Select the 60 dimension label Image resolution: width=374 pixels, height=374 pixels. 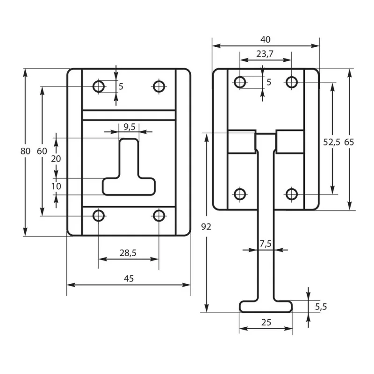pos(42,151)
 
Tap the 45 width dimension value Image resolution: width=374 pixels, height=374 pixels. pos(129,278)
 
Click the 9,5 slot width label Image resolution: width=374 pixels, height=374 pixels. pos(129,127)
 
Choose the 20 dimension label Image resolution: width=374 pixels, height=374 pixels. pos(56,158)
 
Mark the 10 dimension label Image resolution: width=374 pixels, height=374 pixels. pos(56,186)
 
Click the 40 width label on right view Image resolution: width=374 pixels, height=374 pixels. pos(266,40)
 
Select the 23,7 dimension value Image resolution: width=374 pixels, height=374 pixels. pos(265,54)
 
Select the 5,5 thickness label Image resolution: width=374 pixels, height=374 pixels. pos(320,307)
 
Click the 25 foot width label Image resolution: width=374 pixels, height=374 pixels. pos(266,322)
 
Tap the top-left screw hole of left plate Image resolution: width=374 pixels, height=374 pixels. pos(99,86)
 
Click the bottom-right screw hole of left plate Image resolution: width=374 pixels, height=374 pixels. pos(159,216)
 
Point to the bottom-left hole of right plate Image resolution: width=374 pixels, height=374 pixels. pos(240,194)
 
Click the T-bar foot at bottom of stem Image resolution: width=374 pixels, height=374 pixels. pos(266,306)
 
